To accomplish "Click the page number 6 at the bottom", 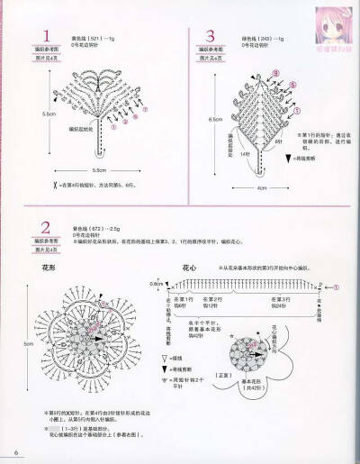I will tap(15, 451).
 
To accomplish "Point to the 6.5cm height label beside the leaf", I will tap(215, 118).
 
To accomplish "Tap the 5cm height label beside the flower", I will tap(27, 345).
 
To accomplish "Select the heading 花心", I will tap(189, 268).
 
